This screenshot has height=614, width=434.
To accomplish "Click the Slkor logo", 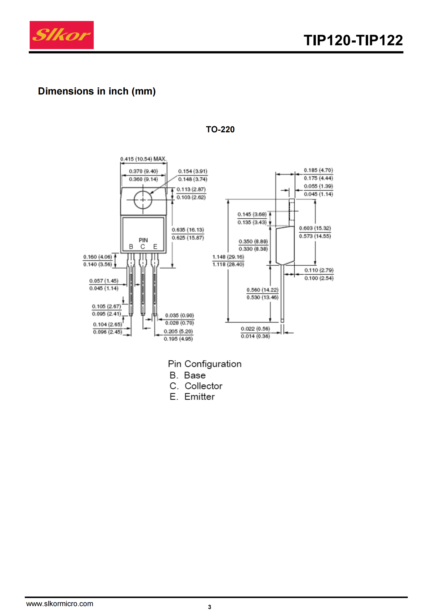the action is coord(61,35).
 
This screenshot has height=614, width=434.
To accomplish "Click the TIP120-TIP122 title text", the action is coord(353,40).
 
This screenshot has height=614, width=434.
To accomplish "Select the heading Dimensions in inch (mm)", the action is coord(97,91).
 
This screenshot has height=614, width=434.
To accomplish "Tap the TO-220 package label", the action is coord(220,129).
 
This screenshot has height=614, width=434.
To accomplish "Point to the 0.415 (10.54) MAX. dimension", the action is coord(143,159).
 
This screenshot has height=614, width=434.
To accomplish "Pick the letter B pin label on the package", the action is coord(131,246).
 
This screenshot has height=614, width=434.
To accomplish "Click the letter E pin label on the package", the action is coord(155,246).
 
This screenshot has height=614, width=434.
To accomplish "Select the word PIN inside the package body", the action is coord(143,240).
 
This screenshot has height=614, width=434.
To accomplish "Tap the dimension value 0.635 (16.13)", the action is coord(188,230).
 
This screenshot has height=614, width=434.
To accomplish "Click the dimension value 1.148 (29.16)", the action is coord(228,257).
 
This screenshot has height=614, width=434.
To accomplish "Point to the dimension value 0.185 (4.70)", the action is coord(318,170).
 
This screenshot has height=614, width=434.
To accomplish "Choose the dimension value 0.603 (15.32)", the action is coord(315,228).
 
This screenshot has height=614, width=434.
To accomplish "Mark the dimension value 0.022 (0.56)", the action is coord(255,328).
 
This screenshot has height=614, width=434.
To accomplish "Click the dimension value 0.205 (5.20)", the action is coord(178,331).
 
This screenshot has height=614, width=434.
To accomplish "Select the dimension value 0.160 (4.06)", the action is coord(97,257).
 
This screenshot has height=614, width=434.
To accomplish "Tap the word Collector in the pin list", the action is coord(203,386).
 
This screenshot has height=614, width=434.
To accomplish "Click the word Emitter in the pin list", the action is coord(200,397).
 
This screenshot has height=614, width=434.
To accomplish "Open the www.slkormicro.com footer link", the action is coord(60,603).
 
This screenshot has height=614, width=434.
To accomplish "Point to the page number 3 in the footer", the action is coord(209,607).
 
